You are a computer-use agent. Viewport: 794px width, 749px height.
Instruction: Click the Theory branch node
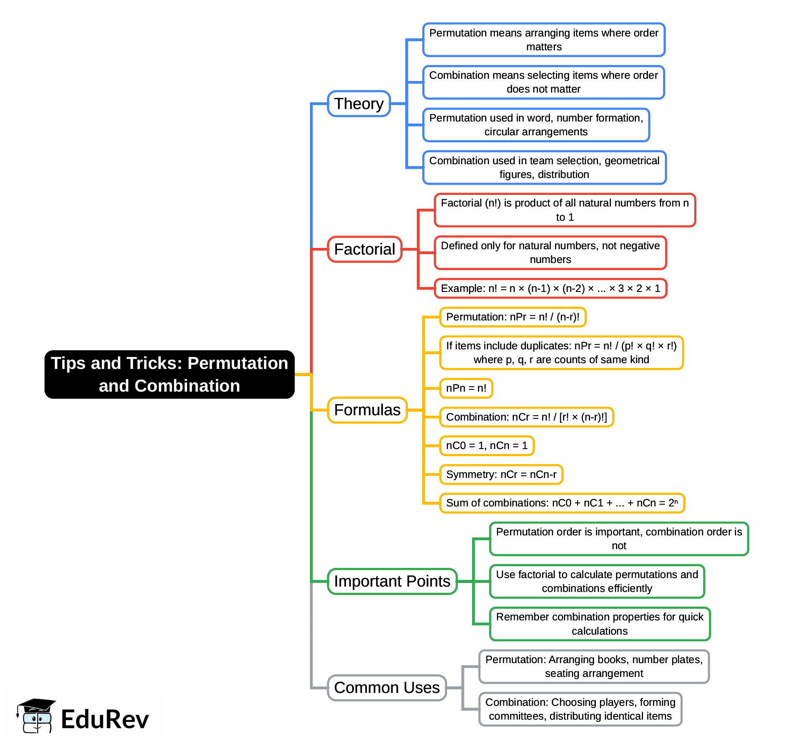pyautogui.click(x=359, y=104)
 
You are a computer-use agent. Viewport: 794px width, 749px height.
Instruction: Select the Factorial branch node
pyautogui.click(x=364, y=249)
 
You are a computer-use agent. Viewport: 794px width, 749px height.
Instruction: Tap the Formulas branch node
pyautogui.click(x=367, y=410)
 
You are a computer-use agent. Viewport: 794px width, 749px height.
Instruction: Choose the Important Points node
pyautogui.click(x=392, y=581)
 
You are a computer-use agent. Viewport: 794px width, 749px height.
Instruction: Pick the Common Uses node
pyautogui.click(x=387, y=688)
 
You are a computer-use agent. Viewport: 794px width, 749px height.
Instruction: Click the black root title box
pyautogui.click(x=169, y=374)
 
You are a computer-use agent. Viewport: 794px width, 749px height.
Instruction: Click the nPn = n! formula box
pyautogui.click(x=466, y=388)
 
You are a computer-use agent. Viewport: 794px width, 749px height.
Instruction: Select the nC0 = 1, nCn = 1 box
pyautogui.click(x=486, y=445)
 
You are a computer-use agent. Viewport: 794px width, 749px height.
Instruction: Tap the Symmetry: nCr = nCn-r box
pyautogui.click(x=501, y=474)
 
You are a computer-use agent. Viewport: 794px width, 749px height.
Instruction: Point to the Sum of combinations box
pyautogui.click(x=562, y=503)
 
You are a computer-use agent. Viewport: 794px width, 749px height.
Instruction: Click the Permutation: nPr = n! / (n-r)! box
pyautogui.click(x=513, y=317)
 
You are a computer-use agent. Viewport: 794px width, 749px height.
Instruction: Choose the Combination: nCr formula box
pyautogui.click(x=526, y=417)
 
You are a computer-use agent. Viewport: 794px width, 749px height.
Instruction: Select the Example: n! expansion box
pyautogui.click(x=550, y=288)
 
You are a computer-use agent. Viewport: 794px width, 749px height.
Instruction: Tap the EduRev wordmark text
pyautogui.click(x=105, y=720)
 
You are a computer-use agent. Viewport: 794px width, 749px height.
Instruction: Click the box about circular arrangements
pyautogui.click(x=536, y=125)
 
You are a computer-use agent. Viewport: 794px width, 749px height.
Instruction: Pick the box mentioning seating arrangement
pyautogui.click(x=594, y=666)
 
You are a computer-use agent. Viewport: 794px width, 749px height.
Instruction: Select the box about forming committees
pyautogui.click(x=580, y=709)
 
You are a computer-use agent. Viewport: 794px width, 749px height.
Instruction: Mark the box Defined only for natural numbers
pyautogui.click(x=550, y=253)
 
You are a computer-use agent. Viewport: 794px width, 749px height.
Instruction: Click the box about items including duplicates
pyautogui.click(x=561, y=352)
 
